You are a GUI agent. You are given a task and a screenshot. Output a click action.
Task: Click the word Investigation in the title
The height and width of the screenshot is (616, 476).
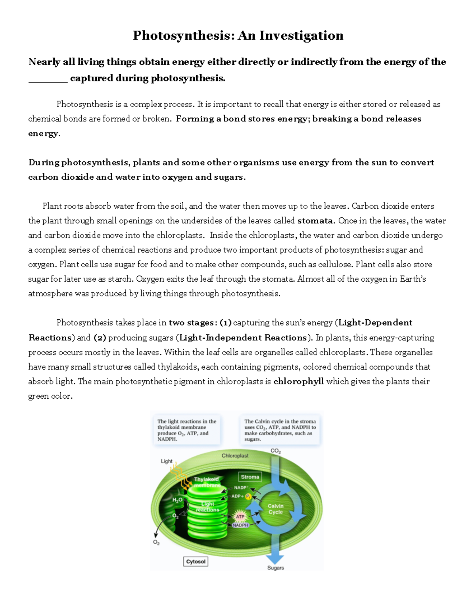coord(301,36)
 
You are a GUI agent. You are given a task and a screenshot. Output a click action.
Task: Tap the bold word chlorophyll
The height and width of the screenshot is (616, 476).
coord(299,382)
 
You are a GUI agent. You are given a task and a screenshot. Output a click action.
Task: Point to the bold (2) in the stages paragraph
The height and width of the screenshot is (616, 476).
coord(100,338)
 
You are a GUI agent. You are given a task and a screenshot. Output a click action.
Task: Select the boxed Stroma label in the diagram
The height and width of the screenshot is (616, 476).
coord(250,477)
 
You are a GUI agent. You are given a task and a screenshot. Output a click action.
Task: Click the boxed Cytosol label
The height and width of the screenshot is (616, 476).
coord(196,562)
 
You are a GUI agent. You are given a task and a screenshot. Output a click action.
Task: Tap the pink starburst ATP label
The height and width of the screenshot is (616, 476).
coord(240,516)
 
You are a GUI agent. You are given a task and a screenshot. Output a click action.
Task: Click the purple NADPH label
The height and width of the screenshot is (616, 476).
coord(240,525)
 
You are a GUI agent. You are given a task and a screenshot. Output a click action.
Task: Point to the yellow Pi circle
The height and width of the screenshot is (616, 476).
coord(249,496)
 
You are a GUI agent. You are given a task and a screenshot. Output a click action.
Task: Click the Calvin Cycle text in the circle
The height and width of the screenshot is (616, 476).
coord(275,509)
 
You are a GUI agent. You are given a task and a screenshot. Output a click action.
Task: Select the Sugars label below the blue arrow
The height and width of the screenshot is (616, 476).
coord(275,568)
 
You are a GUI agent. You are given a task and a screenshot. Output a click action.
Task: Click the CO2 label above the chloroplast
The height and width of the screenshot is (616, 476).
coord(275,451)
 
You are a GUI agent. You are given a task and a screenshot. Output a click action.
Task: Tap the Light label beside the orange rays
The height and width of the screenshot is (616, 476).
coord(167,461)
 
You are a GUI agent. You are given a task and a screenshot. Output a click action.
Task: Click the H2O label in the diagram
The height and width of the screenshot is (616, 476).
coord(177,500)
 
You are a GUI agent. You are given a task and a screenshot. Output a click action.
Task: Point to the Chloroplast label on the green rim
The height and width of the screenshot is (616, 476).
coord(235,456)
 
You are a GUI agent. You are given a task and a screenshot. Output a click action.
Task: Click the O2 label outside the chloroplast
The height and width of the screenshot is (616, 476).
coord(156,542)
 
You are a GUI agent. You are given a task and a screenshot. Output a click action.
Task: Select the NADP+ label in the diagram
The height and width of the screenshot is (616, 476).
coord(241,487)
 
